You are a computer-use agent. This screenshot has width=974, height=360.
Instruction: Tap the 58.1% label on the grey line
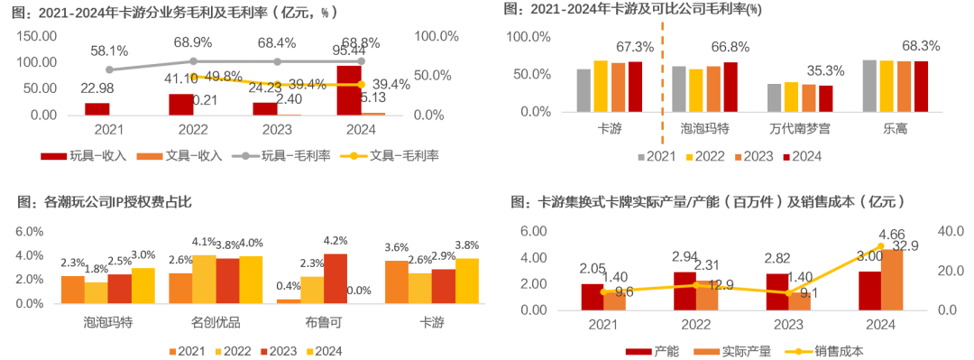pos(108,52)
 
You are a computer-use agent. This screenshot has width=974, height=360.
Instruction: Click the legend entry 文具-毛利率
pos(397,155)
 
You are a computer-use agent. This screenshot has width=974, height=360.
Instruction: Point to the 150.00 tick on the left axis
pos(37,36)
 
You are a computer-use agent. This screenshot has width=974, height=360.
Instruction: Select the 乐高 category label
pos(896,130)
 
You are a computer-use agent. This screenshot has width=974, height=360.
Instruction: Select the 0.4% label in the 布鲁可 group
pos(289,286)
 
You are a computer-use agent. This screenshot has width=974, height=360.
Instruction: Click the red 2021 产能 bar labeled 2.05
pos(593,297)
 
